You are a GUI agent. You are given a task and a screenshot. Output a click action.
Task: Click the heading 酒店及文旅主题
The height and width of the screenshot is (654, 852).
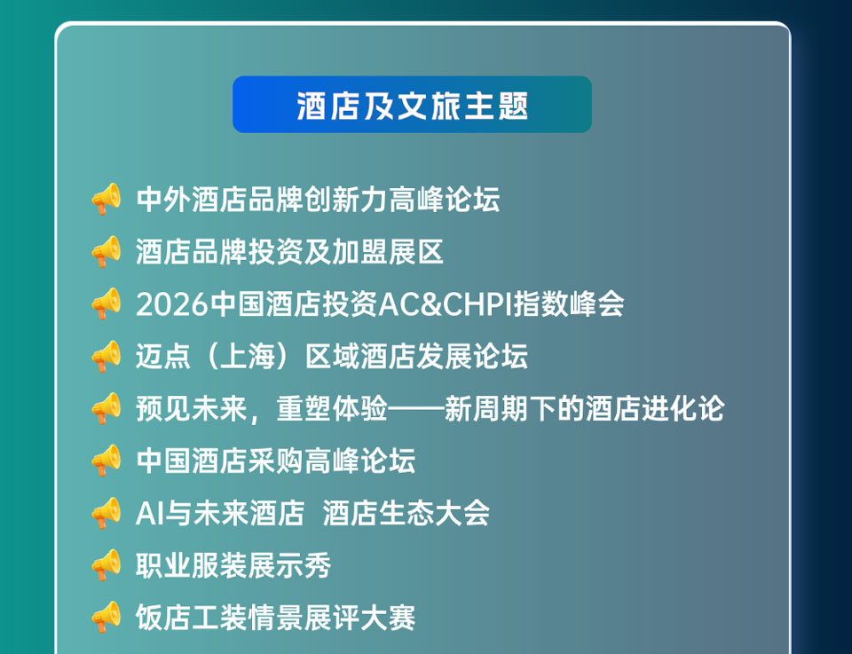tap(412, 106)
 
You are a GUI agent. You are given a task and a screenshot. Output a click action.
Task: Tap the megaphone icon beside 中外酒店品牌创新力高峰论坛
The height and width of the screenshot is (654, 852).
tap(106, 199)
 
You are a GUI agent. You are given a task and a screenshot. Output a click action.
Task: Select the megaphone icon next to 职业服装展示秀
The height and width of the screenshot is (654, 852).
tap(106, 565)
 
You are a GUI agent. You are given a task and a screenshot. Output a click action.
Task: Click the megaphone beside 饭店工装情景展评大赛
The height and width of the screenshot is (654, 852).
tap(106, 617)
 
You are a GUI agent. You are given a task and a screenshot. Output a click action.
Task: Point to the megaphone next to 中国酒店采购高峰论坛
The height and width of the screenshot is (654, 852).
tap(106, 461)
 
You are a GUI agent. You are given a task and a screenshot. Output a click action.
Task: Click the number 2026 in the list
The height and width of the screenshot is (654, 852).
tap(172, 304)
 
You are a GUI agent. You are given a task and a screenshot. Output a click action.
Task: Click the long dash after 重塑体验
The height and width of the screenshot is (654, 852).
tap(415, 408)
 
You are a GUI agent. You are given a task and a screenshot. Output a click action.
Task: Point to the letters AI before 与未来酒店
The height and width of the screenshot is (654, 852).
tap(149, 513)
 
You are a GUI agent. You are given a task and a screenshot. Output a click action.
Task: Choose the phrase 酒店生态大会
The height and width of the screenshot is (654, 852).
tap(406, 513)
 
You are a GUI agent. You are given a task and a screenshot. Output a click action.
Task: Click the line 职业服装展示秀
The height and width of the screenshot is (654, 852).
tap(233, 565)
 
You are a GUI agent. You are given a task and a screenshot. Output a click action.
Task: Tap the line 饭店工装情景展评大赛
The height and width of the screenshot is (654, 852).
tap(275, 617)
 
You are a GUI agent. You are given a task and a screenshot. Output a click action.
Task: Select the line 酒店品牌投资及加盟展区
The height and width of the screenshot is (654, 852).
tap(289, 252)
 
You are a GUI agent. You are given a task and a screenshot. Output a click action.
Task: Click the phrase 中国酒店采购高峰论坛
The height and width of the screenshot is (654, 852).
tap(275, 461)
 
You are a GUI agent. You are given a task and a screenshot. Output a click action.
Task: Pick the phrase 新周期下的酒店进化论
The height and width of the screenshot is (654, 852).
tap(584, 408)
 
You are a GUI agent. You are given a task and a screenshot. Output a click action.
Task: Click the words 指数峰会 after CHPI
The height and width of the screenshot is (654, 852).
tap(569, 304)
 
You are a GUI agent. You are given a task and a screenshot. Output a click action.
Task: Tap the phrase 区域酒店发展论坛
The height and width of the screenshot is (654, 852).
tap(416, 357)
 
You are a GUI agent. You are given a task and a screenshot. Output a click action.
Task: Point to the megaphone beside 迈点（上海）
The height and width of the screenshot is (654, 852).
tap(106, 357)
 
